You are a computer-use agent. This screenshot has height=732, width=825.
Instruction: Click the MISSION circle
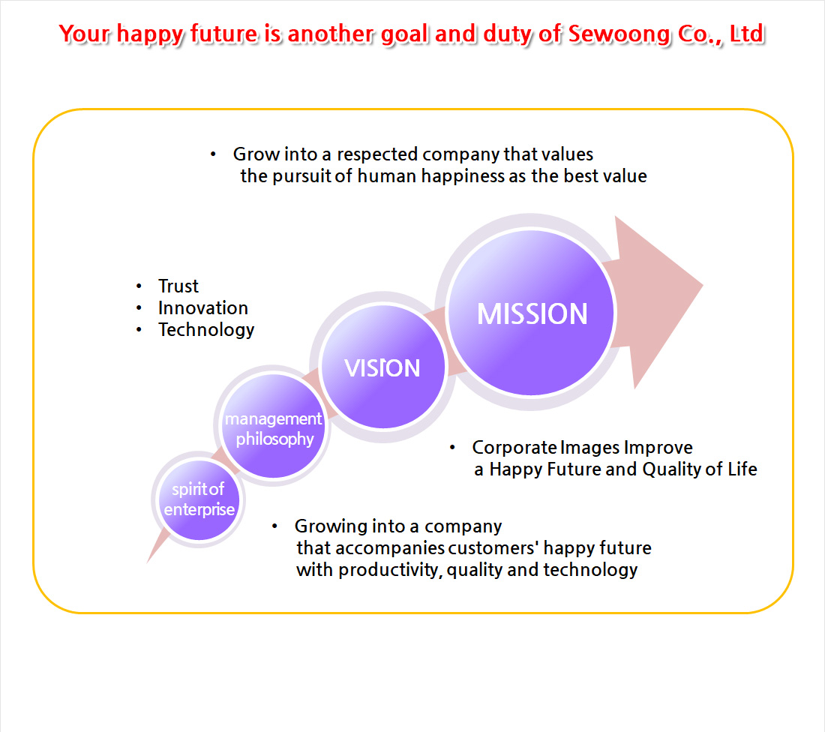point(531,312)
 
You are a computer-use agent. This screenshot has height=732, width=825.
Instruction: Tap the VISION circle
point(383,367)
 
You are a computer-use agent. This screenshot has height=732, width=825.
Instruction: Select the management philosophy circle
point(273,426)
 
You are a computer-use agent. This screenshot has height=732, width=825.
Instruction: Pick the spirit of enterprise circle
point(199,500)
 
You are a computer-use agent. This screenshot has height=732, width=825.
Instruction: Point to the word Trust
point(178,286)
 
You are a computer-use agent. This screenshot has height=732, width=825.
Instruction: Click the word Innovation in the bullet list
point(203,307)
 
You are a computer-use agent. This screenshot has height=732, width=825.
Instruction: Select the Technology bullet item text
point(206,330)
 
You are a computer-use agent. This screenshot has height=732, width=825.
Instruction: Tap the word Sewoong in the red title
point(619,34)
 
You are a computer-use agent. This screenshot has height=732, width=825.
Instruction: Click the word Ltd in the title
point(747,34)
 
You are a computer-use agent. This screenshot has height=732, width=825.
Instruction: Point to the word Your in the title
point(84,34)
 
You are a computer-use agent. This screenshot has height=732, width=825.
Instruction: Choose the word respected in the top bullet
point(376,154)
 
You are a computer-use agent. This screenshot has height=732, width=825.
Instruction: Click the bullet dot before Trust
point(139,286)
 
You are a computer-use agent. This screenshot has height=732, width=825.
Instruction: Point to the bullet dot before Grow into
point(213,154)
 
